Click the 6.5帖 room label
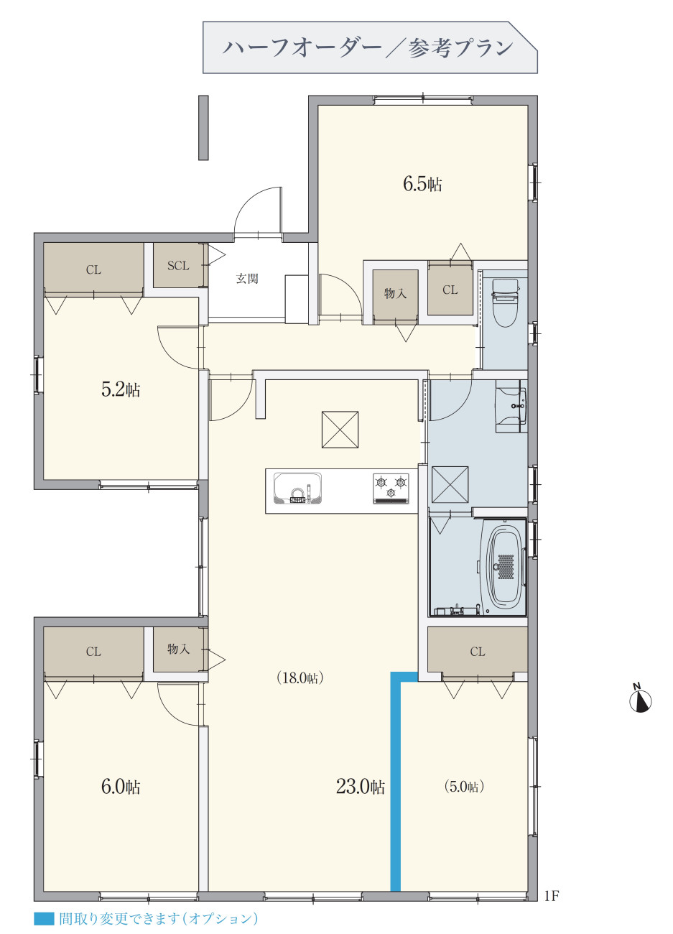422,184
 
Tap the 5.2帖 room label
121,389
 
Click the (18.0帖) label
300,678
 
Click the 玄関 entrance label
247,279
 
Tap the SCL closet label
178,266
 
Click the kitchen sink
297,489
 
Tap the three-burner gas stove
391,489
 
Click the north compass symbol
641,700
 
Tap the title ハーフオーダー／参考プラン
368,48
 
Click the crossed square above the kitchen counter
340,430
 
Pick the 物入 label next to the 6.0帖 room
178,648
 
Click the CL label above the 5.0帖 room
478,652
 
